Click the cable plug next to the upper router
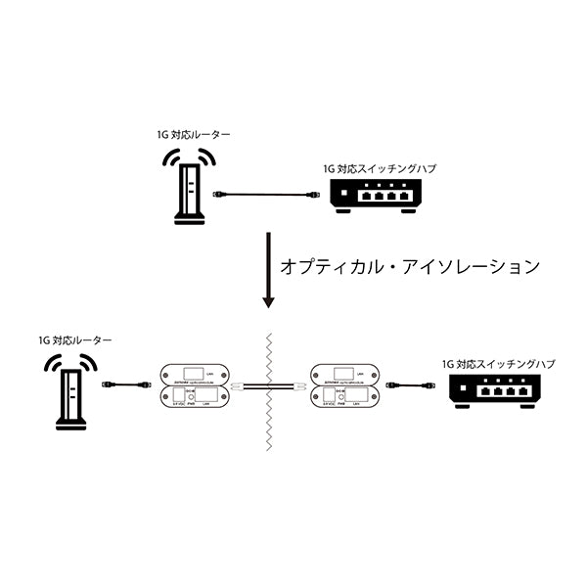pyautogui.click(x=222, y=196)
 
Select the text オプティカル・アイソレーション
pyautogui.click(x=410, y=265)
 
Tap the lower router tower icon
pyautogui.click(x=70, y=396)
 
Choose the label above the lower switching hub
pyautogui.click(x=498, y=363)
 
